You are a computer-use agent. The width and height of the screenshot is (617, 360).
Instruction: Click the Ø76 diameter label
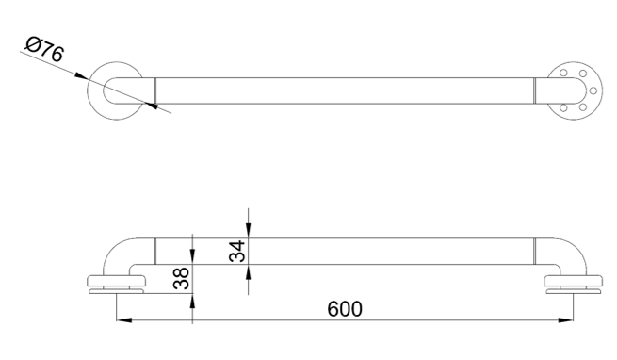tap(44, 49)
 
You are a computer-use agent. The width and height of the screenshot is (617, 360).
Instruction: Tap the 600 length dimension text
tap(345, 309)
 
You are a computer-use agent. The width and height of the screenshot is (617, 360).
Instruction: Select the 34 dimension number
tap(237, 252)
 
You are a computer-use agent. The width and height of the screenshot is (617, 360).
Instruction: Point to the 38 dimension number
tap(182, 278)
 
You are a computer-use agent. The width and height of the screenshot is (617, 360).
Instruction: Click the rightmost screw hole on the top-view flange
tap(593, 91)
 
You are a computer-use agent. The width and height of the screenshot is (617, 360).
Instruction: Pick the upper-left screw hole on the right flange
tap(563, 73)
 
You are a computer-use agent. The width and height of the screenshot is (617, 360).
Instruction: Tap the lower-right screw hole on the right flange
tap(583, 107)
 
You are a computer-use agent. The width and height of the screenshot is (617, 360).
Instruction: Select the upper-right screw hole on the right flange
tap(583, 74)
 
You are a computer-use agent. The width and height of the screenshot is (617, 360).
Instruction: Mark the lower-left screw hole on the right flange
tap(563, 108)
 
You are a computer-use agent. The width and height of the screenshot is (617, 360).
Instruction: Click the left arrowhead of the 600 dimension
tap(124, 320)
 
